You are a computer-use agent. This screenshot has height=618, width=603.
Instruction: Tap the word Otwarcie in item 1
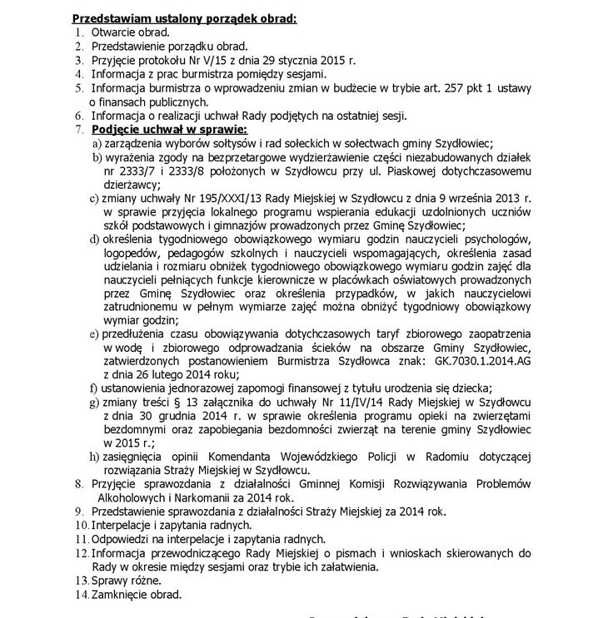(x=113, y=32)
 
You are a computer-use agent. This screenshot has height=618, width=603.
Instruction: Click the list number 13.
(x=80, y=580)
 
